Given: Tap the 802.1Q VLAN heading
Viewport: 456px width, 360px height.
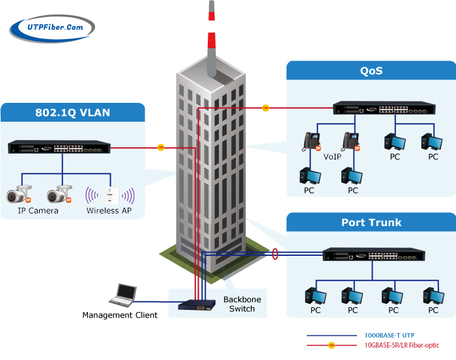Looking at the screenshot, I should pos(72,113).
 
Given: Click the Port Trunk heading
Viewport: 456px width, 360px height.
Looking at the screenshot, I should pos(371,223).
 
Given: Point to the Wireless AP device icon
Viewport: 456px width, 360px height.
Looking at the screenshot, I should pos(110,194).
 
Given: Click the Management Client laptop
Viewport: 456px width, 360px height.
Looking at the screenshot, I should pos(122,296).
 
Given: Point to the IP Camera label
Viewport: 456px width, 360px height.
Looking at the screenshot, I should pos(38,211).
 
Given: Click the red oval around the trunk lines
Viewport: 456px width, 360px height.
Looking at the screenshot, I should pos(276,253).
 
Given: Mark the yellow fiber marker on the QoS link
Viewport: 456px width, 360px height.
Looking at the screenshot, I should pos(266,107).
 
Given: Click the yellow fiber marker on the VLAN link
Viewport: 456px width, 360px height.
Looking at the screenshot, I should pos(161,147).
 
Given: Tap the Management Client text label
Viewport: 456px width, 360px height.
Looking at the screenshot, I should pos(120,316).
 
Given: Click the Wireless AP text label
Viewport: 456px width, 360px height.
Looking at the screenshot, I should pos(109,211).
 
